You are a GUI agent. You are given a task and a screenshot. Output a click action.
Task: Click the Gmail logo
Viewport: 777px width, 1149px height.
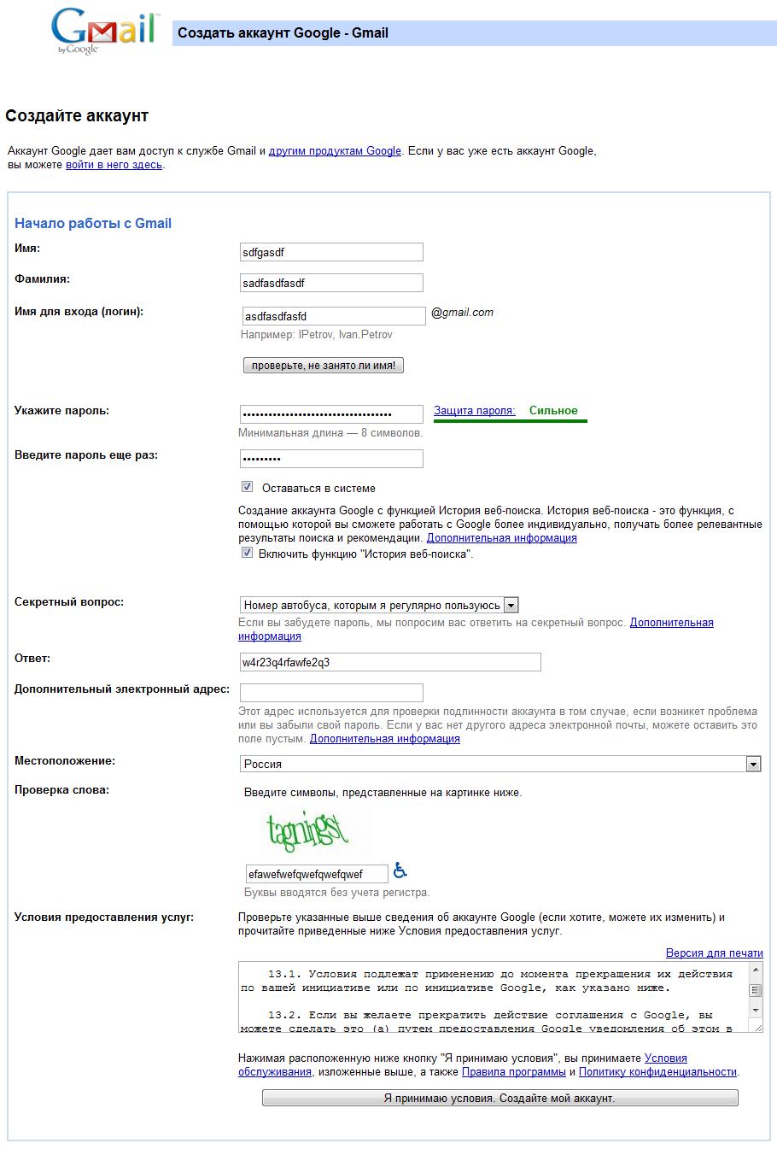tap(103, 31)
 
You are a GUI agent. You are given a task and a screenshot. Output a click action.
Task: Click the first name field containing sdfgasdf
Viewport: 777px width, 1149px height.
tap(331, 252)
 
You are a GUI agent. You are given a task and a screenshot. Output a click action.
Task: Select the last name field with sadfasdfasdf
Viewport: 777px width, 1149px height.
tap(331, 283)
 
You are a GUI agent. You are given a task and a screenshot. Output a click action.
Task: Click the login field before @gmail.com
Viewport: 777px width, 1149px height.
tap(333, 316)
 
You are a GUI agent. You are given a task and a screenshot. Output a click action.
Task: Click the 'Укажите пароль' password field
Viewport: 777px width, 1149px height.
tap(331, 414)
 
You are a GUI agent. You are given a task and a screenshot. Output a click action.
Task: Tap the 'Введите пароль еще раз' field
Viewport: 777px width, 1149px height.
tap(331, 459)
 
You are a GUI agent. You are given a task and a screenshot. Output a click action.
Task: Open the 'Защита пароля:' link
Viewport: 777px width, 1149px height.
tap(474, 411)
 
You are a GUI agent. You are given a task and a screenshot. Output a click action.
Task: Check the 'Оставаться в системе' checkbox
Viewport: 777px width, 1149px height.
tap(248, 487)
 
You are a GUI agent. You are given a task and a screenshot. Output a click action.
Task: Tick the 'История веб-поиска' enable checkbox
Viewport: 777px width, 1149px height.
tap(248, 553)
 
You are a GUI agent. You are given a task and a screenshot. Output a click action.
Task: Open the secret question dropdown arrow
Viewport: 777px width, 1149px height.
tap(511, 605)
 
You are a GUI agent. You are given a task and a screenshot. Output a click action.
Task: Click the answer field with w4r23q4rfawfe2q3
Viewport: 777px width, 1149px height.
tap(390, 662)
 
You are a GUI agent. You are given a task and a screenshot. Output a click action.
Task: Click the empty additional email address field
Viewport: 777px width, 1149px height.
tap(331, 692)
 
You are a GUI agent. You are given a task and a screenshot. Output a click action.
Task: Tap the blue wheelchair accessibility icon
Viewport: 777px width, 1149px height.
tap(400, 871)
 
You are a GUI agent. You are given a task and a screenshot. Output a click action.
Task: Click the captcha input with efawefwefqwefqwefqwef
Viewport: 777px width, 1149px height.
tap(316, 874)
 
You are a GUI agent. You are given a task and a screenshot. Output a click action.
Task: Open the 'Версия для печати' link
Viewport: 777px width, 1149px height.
tap(714, 953)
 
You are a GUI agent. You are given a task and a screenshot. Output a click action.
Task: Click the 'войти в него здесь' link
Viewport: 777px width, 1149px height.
tap(114, 165)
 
